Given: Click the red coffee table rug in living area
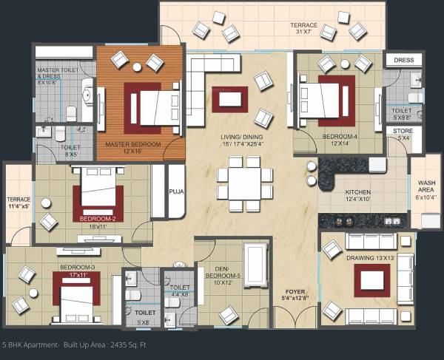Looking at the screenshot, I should [x=229, y=99].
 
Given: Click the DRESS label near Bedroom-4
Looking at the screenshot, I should [x=403, y=60].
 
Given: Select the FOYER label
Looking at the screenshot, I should [x=294, y=295].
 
